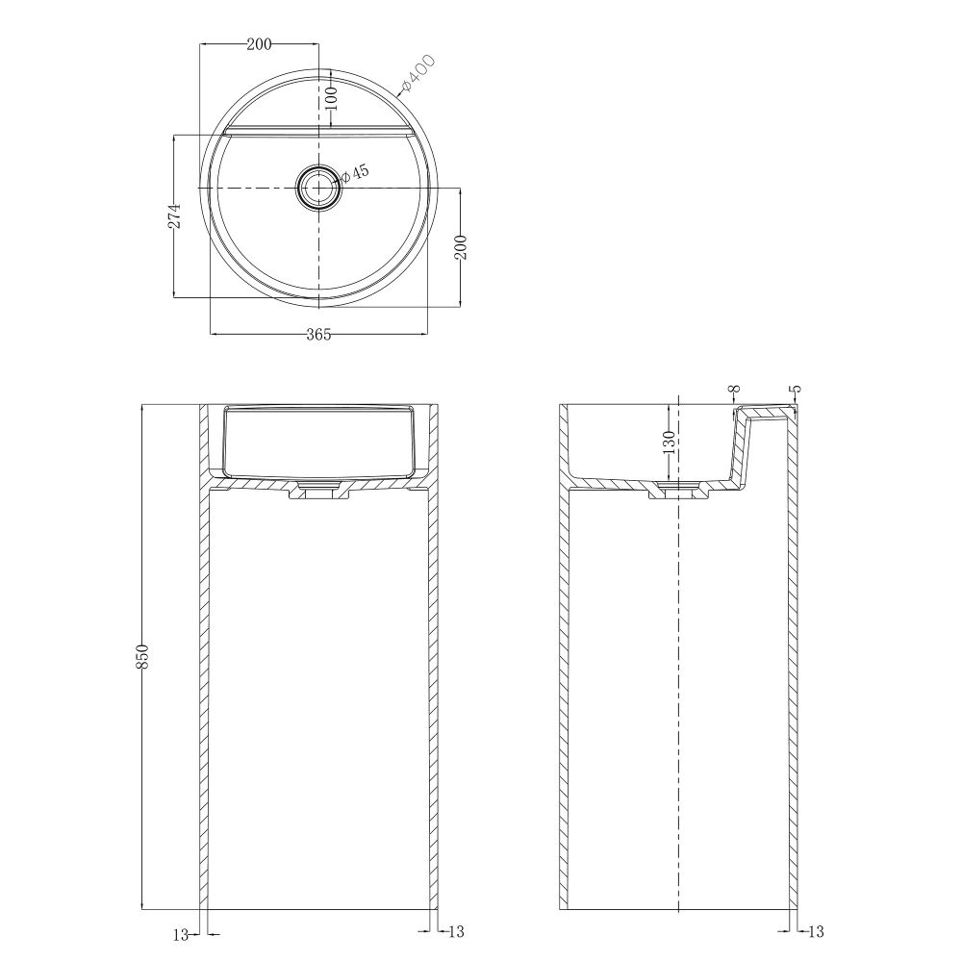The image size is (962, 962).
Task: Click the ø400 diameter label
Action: [418, 73]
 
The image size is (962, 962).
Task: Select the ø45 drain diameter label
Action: [355, 173]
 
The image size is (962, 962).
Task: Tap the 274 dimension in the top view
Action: [175, 215]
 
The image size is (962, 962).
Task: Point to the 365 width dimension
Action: [318, 335]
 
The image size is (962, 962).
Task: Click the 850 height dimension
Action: [142, 656]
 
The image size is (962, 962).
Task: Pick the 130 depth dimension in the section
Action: [669, 443]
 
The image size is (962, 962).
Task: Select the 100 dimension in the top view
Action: [331, 97]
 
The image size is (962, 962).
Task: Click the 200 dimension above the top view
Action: [259, 43]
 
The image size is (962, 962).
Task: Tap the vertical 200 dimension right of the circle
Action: [462, 247]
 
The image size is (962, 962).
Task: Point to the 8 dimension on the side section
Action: [734, 389]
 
